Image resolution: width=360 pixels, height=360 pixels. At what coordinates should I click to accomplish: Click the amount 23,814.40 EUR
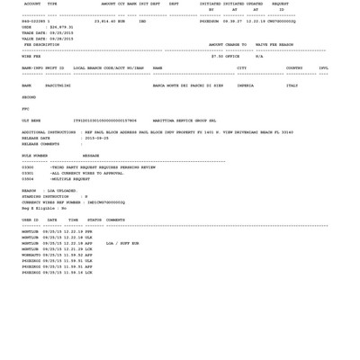point(110,22)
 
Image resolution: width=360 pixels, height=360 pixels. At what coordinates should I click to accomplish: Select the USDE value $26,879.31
point(60,28)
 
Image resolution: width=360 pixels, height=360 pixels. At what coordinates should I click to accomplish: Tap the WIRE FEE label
point(31,57)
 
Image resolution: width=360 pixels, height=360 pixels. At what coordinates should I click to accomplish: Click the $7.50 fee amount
point(218,57)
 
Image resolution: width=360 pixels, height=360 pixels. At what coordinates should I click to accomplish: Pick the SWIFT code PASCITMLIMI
point(58,86)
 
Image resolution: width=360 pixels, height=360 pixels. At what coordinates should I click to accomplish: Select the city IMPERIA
point(245,86)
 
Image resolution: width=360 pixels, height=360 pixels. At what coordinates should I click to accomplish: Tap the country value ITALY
point(292,86)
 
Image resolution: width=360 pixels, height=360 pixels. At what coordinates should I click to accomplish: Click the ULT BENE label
point(31,121)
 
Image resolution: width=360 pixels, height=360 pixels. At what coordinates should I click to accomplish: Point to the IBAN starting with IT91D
point(104,121)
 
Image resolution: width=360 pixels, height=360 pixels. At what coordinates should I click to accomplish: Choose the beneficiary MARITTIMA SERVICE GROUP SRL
point(184,121)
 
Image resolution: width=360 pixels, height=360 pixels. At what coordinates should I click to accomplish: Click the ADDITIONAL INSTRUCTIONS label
point(49,132)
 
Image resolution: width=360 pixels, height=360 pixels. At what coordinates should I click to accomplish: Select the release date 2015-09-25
point(97,139)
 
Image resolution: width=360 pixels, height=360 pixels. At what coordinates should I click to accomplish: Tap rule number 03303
point(28,167)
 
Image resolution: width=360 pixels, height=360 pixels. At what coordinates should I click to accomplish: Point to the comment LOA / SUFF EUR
point(122,243)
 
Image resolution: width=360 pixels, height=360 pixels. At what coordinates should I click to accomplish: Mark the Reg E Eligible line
point(44,209)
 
